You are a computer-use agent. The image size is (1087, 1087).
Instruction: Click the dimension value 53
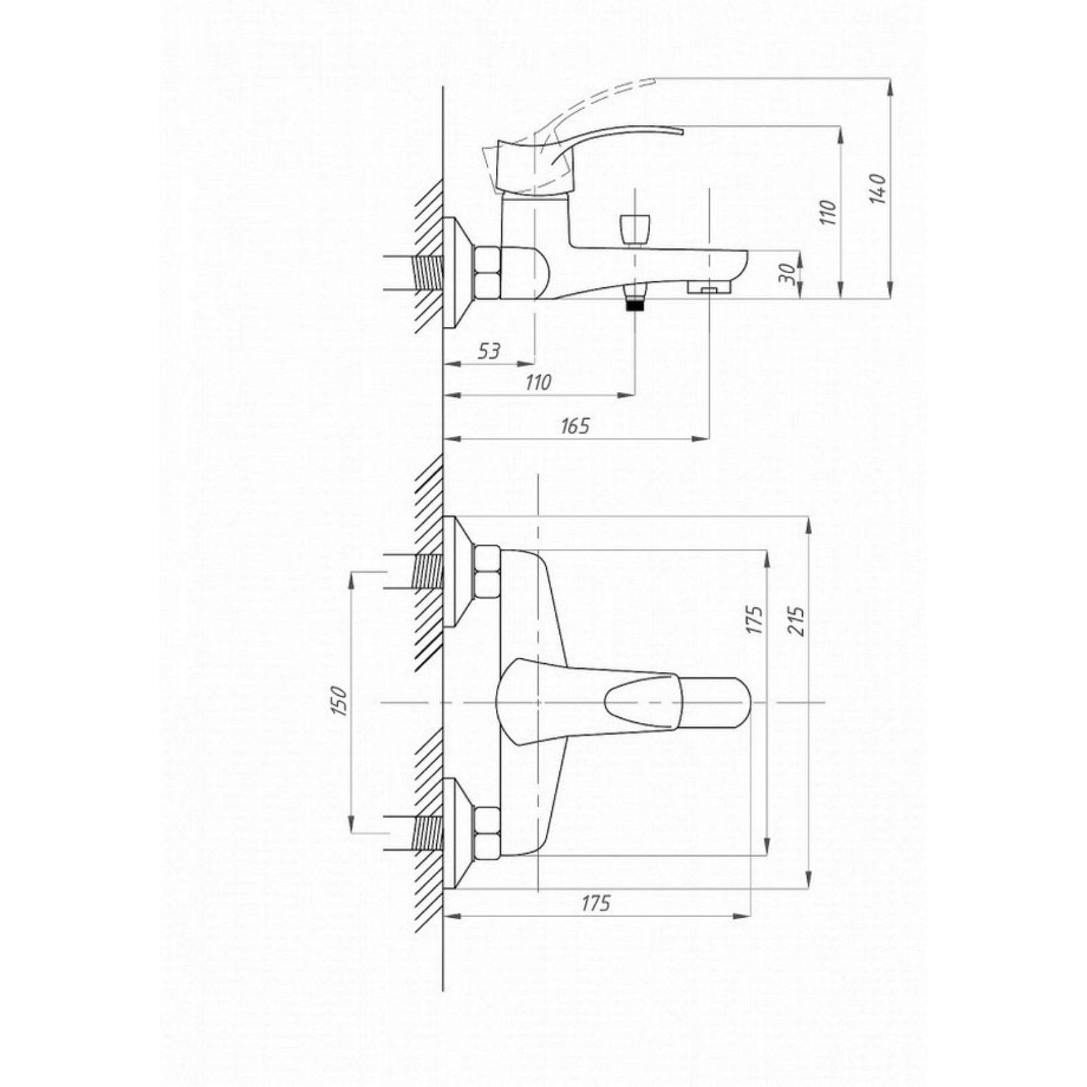tap(488, 351)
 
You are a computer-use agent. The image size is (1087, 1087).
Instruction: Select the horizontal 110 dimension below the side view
tap(538, 382)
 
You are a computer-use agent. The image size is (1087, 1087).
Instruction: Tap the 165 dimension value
tap(575, 426)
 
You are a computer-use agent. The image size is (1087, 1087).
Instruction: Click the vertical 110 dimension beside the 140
tap(827, 212)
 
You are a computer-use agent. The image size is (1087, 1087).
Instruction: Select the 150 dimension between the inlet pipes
tap(340, 701)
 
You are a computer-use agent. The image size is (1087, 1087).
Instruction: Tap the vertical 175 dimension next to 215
tap(754, 620)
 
